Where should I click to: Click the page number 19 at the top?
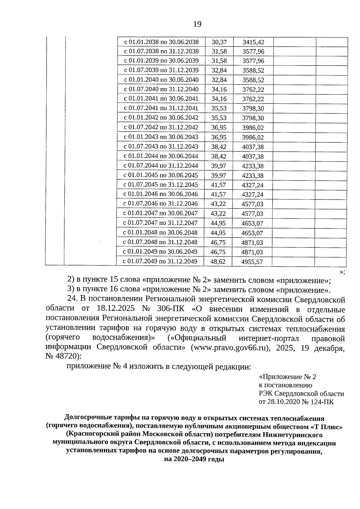pos(197,24)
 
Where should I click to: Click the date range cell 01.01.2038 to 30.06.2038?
pos(161,42)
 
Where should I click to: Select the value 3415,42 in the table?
pos(253,42)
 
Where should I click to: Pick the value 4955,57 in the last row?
pos(252,262)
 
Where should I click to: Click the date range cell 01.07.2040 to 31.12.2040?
pos(161,89)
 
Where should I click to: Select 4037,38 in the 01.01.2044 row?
pos(253,156)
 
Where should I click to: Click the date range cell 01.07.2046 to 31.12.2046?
pos(161,204)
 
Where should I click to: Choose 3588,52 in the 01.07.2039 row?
pos(253,70)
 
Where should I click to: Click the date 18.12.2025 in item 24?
pos(115,309)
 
